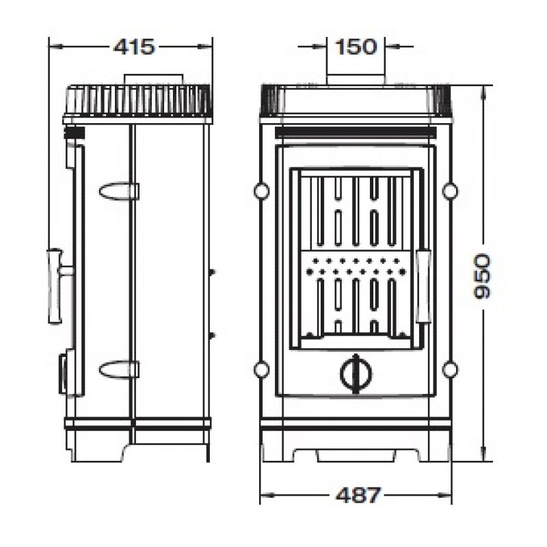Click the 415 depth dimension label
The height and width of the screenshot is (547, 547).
(x=134, y=46)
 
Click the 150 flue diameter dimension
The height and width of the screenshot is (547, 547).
(x=356, y=46)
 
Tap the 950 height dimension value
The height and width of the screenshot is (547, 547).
(x=483, y=276)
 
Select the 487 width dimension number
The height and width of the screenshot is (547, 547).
(x=358, y=494)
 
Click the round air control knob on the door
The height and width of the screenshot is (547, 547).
(x=356, y=374)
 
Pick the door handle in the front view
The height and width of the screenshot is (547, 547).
(x=424, y=286)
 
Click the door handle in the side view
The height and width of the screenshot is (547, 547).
(x=56, y=286)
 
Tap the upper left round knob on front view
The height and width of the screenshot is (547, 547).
(x=262, y=191)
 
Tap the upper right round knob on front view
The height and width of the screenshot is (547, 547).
(x=450, y=191)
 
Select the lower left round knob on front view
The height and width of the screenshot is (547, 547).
(x=262, y=369)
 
